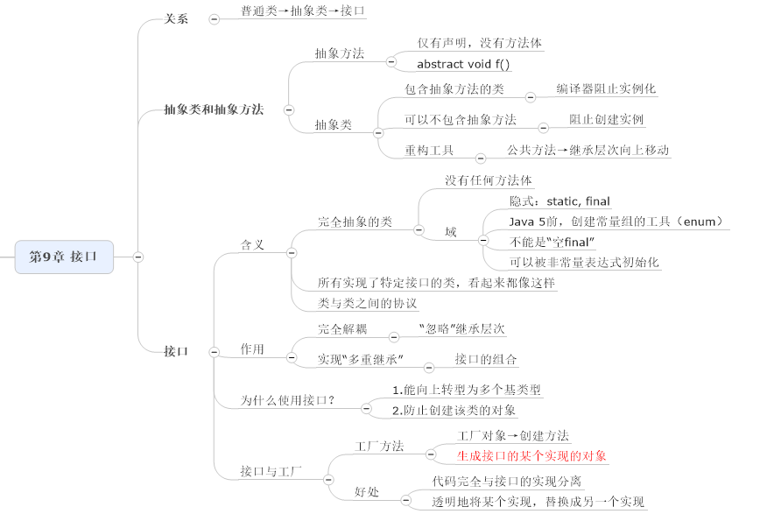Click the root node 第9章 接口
click(x=63, y=257)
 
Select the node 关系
click(x=176, y=18)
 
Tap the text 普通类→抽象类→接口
click(x=291, y=11)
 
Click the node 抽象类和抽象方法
click(x=214, y=110)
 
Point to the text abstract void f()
click(x=463, y=64)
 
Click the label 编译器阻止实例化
click(x=606, y=89)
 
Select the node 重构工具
click(x=429, y=151)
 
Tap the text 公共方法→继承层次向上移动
click(x=588, y=151)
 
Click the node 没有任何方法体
click(x=489, y=181)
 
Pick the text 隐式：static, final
click(x=560, y=201)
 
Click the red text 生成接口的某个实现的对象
click(x=531, y=456)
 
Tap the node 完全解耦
click(x=342, y=330)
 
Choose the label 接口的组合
click(x=486, y=360)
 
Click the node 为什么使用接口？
click(x=288, y=401)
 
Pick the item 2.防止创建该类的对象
click(x=454, y=410)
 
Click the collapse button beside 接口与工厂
click(x=327, y=480)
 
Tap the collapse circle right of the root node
click(x=138, y=257)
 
